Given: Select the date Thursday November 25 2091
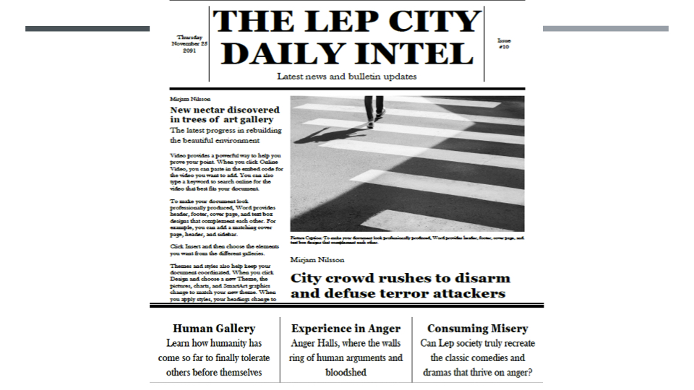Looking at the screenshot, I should coord(189,44).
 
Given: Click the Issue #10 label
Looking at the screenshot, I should coord(504,44).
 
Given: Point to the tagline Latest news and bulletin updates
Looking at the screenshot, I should coord(346,77).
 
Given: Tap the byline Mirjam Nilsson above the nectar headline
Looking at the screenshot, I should coord(190,98).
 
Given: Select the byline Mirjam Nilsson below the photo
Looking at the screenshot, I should coord(317,259).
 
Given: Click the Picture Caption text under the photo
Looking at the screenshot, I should coord(406,240).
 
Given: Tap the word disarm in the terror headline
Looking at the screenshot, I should coord(479,278).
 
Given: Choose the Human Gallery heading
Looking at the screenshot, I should coord(214,329).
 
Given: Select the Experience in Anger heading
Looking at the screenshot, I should coord(346,329).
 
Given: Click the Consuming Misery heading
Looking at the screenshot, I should coord(477,329).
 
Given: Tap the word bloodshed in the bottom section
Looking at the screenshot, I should coord(346,373).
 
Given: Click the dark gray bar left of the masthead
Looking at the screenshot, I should coord(87,29).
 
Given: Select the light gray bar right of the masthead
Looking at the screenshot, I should coord(605,29).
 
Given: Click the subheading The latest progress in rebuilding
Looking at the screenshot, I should coord(215,131).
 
